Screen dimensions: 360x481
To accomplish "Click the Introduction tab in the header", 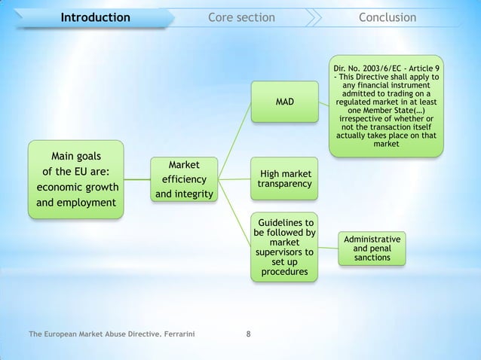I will [95, 17].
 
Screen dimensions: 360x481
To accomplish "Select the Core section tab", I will [241, 17].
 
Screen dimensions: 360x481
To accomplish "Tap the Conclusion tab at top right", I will [387, 17].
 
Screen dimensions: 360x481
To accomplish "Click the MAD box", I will [284, 101].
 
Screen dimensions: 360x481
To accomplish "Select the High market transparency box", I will [284, 178].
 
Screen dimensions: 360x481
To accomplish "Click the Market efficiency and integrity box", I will [184, 180].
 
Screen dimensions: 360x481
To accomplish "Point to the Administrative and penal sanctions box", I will [372, 249].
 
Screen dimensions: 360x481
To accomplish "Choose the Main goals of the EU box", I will [76, 179].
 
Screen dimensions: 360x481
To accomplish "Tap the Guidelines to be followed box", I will [284, 247].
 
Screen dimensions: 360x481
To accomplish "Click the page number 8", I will [249, 333].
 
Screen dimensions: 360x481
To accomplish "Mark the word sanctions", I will [372, 258].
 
